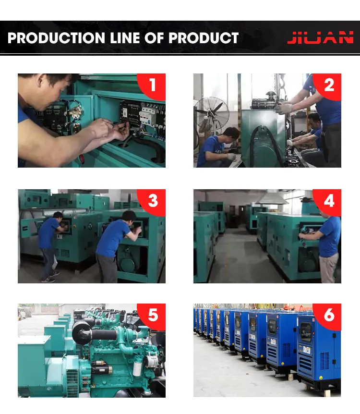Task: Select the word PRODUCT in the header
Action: [206, 38]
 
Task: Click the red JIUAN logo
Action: [320, 38]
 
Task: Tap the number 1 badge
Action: [153, 85]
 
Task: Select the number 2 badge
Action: [329, 85]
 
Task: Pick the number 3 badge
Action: [153, 201]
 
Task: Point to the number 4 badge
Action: [329, 201]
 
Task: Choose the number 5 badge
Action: [153, 316]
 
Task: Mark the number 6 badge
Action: [329, 316]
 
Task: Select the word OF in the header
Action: [164, 38]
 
